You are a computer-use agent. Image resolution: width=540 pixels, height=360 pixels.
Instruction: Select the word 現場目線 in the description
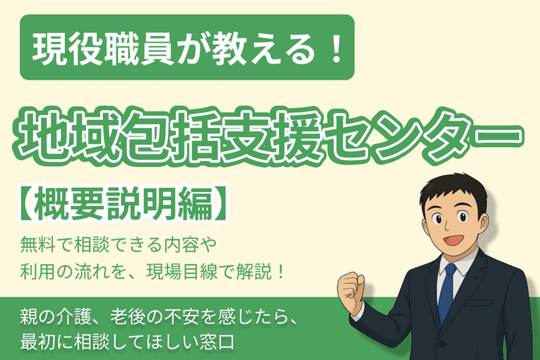pyautogui.click(x=221, y=267)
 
